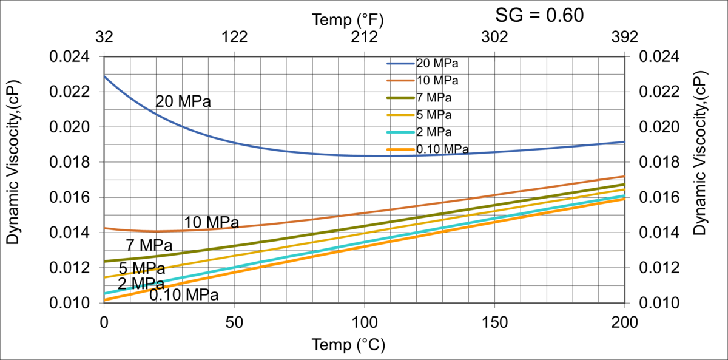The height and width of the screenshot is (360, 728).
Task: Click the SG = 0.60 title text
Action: click(x=540, y=15)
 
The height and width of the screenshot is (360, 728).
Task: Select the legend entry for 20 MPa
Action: click(x=437, y=63)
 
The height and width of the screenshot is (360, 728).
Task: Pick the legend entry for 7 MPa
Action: click(x=434, y=97)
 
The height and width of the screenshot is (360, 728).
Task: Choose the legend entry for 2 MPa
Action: click(x=434, y=132)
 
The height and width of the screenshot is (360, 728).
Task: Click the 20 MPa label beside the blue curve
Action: click(x=183, y=101)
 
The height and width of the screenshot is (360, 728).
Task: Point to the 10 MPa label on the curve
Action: click(x=212, y=222)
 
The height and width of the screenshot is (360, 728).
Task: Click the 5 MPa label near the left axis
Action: click(x=141, y=268)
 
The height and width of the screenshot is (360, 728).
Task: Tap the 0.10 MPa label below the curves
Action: click(x=184, y=295)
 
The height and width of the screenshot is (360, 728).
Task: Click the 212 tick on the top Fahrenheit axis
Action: click(x=365, y=37)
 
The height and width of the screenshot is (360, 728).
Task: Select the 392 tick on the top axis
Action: click(x=624, y=37)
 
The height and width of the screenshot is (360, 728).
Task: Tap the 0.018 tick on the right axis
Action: click(x=659, y=163)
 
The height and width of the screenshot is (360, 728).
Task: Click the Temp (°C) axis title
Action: click(x=348, y=345)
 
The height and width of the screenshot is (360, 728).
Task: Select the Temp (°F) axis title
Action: click(x=348, y=19)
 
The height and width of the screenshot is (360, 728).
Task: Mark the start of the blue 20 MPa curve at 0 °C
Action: click(x=105, y=76)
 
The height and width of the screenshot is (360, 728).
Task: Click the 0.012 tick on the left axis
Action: click(x=69, y=268)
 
